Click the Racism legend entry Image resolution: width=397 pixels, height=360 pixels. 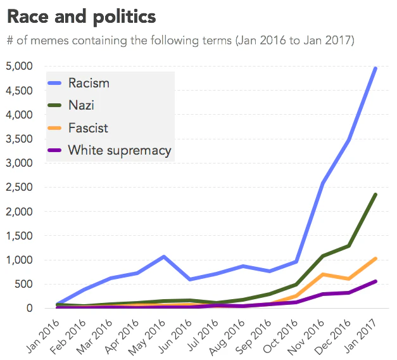point(89,83)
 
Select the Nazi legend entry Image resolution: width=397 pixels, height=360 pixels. point(81,105)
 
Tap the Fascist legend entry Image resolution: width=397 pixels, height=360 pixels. point(88,128)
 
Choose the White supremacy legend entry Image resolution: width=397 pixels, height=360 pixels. point(119,150)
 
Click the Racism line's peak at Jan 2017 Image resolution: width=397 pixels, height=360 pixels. point(376,68)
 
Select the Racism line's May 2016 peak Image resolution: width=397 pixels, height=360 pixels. point(164,257)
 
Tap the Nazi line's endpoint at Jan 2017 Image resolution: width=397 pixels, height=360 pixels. point(376,195)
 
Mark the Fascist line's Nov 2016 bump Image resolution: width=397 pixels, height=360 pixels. point(323,274)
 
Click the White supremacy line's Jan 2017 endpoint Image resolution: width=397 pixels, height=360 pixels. point(376,281)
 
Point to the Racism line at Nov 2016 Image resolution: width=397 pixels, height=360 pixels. point(323,183)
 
